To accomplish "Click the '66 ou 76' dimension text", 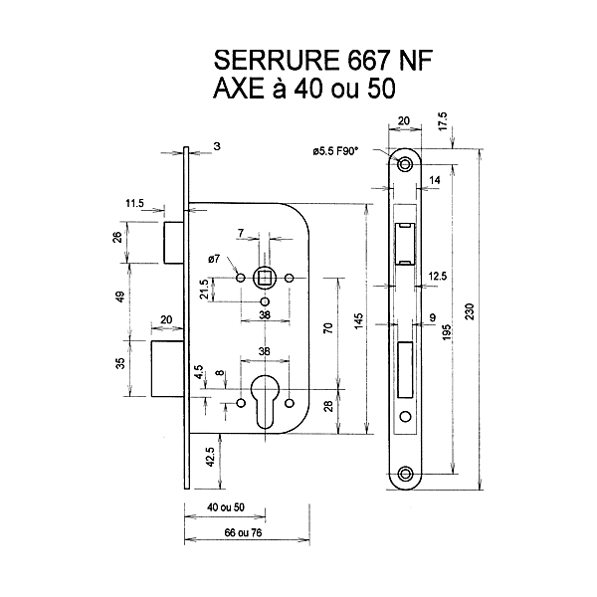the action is pyautogui.click(x=227, y=533).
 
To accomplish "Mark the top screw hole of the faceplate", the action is pyautogui.click(x=404, y=165).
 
